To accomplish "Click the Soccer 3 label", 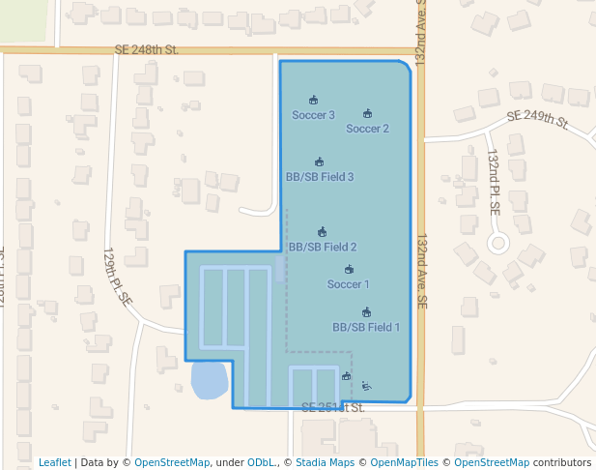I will tap(313, 115).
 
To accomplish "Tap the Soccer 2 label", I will tap(367, 129).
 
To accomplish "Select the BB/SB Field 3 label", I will tap(319, 177).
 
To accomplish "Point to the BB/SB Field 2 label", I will tap(323, 247).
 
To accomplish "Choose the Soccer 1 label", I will tap(348, 284).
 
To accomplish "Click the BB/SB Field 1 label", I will tap(366, 327).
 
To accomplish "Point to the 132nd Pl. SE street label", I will tap(494, 181).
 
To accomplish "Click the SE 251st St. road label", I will tap(333, 408).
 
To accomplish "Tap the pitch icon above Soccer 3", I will tap(313, 100).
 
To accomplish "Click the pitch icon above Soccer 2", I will tap(367, 113).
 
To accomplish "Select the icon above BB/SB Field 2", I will tap(322, 232).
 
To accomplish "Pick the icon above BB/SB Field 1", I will tap(366, 312).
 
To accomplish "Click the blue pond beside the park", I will tap(209, 380).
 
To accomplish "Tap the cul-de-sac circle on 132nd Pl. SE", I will tap(498, 242).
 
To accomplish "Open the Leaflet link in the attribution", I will tap(55, 462).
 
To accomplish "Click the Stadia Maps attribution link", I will tap(325, 462).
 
